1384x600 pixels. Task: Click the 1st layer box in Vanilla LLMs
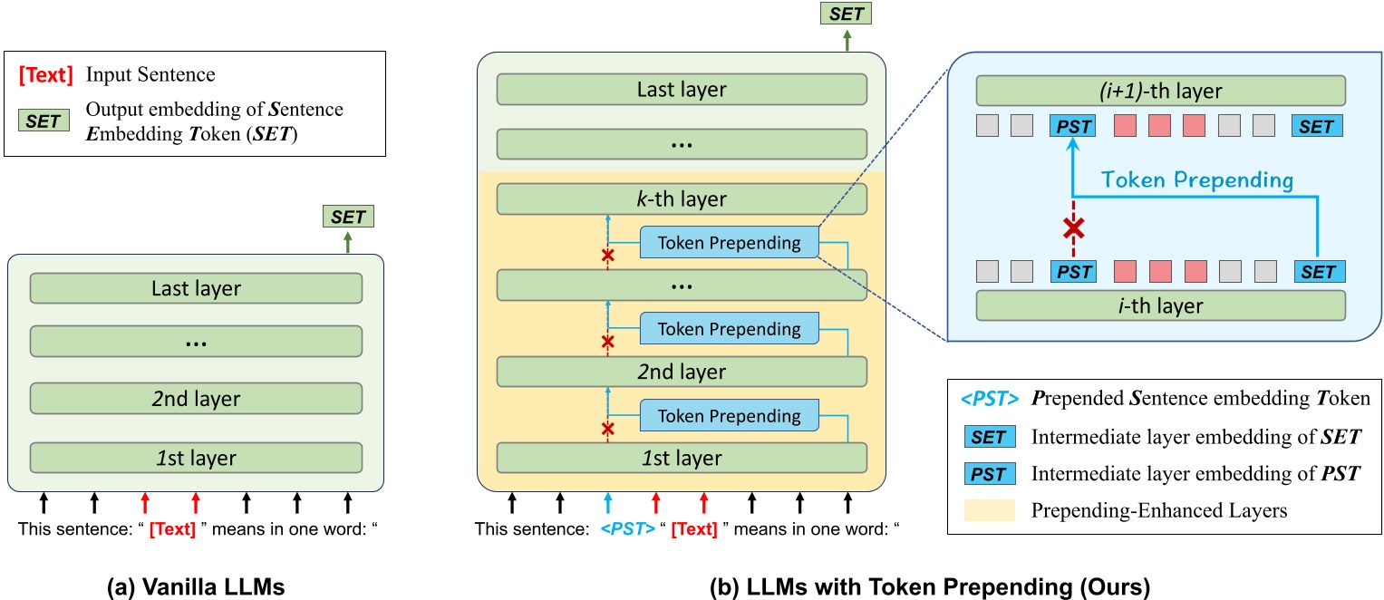point(196,458)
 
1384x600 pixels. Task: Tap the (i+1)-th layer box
point(1159,92)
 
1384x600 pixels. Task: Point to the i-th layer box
point(1159,305)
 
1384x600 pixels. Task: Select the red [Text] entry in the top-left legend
point(46,75)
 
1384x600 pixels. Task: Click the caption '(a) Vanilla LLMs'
point(196,585)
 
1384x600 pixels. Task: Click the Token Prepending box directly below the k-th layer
point(729,243)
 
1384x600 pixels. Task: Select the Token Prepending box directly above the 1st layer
point(729,416)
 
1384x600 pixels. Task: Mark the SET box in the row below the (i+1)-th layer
point(1318,125)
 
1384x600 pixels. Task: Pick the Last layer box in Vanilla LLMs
point(196,287)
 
